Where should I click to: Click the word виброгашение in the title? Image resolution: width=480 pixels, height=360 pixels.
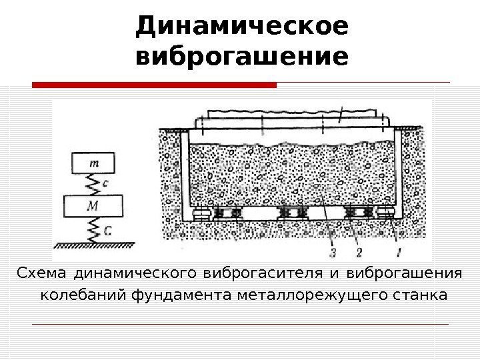click(241, 56)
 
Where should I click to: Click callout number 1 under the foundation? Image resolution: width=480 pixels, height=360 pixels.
click(399, 252)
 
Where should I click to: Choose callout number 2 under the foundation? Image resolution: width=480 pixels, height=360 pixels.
click(359, 252)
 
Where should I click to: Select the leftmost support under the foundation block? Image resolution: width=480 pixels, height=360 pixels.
click(199, 214)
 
